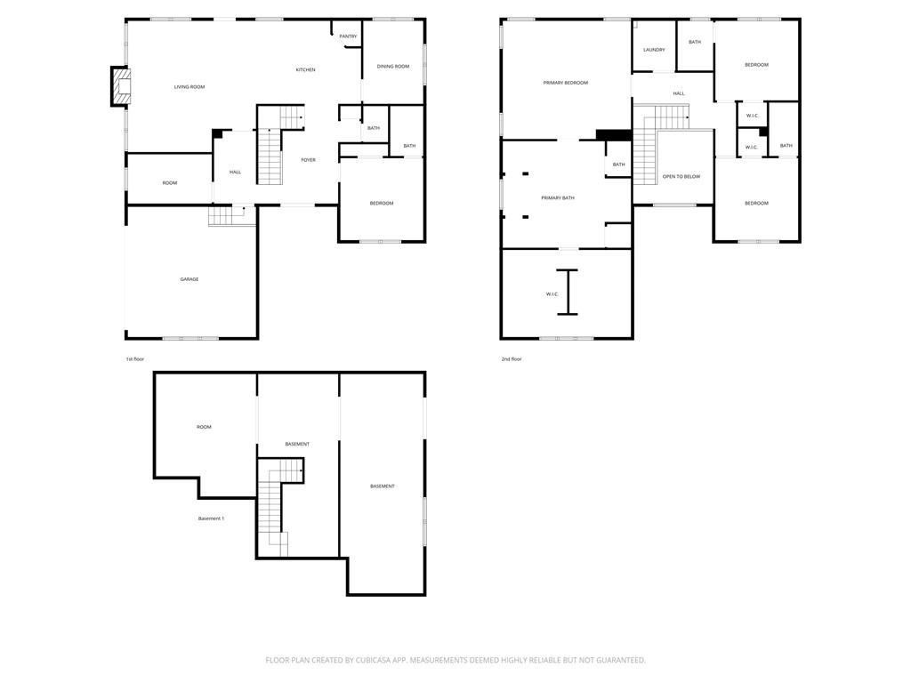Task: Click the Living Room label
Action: tap(189, 87)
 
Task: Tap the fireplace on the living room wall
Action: tap(120, 86)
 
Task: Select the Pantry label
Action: tap(348, 36)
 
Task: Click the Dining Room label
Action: tap(393, 67)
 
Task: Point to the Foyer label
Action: tap(308, 160)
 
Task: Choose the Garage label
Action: tap(189, 279)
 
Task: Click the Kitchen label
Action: tap(305, 69)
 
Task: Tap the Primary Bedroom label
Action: tap(566, 83)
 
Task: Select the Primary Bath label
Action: tap(558, 197)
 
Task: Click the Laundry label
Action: tap(654, 50)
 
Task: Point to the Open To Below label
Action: tap(681, 177)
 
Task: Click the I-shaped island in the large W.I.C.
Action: tap(567, 292)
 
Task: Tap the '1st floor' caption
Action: tap(134, 359)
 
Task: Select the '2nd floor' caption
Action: tap(511, 359)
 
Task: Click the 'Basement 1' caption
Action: tap(211, 518)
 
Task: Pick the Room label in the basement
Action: tap(204, 427)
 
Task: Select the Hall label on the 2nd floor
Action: tap(679, 93)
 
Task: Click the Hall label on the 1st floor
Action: tap(235, 172)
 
